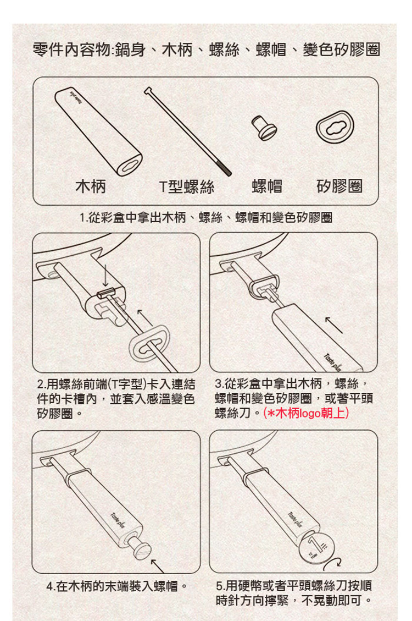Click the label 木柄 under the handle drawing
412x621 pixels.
tap(91, 186)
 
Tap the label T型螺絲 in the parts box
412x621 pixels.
tap(187, 186)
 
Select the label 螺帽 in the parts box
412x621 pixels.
tap(267, 186)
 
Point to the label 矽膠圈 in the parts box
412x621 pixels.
tap(339, 186)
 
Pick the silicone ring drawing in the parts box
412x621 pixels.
tap(335, 127)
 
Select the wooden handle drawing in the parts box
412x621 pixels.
tap(98, 131)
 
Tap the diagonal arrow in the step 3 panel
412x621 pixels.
tap(334, 325)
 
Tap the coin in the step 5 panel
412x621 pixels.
tap(317, 548)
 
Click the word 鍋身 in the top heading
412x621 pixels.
tap(131, 50)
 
